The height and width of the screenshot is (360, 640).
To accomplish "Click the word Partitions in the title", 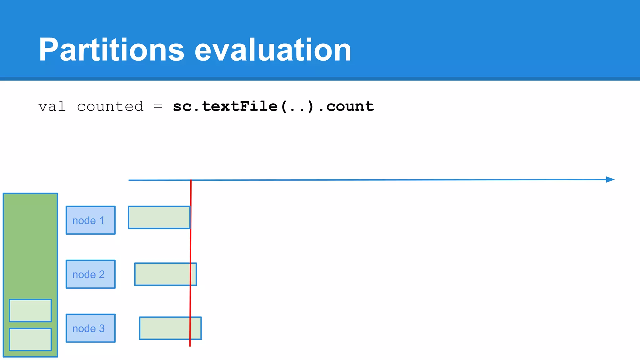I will [111, 50].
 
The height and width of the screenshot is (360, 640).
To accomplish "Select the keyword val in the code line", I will [52, 107].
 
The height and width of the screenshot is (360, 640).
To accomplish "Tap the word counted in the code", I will [110, 107].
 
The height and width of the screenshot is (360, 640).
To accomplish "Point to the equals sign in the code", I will [158, 107].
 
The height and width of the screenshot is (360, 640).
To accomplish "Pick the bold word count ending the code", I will [350, 107].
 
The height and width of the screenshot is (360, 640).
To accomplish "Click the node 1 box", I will [91, 220].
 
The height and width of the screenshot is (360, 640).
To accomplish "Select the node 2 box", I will [91, 274].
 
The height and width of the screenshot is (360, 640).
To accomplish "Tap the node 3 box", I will [91, 328].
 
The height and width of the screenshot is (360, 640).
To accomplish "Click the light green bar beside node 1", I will [159, 217].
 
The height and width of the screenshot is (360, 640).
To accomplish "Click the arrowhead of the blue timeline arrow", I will [610, 179].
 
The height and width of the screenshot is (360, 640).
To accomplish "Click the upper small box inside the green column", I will [30, 310].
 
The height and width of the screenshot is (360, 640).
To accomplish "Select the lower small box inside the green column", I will [30, 339].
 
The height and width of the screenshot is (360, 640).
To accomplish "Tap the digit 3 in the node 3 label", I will [102, 328].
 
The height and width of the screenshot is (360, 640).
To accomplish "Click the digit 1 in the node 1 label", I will [102, 221].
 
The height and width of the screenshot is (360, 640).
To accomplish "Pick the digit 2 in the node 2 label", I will [102, 274].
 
